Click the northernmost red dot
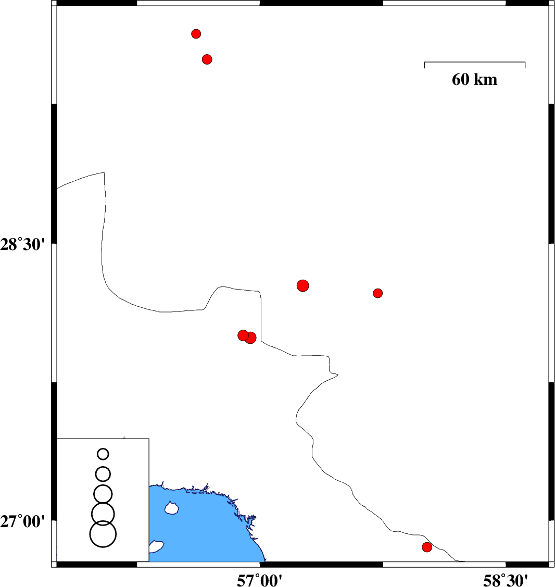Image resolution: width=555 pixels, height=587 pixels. tap(196, 34)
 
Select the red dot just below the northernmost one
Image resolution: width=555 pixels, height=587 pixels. tap(207, 59)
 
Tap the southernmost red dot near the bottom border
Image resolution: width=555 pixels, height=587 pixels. tap(427, 547)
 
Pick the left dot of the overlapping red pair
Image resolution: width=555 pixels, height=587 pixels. tap(243, 335)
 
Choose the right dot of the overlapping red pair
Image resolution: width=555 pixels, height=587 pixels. tap(251, 338)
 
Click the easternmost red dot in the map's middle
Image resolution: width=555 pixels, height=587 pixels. tap(378, 293)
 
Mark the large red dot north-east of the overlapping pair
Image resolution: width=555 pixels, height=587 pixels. tap(303, 286)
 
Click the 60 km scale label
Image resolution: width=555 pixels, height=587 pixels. tap(474, 80)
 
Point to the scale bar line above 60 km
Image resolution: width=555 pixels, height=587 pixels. tap(475, 62)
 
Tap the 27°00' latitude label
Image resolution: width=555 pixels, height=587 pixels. tap(22, 521)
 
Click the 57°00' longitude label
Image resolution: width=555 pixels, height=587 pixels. tap(260, 580)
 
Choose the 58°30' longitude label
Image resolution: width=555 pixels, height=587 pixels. tap(506, 580)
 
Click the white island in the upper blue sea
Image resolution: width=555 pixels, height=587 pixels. tap(171, 508)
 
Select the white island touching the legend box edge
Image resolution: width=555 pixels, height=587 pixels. tap(156, 546)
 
